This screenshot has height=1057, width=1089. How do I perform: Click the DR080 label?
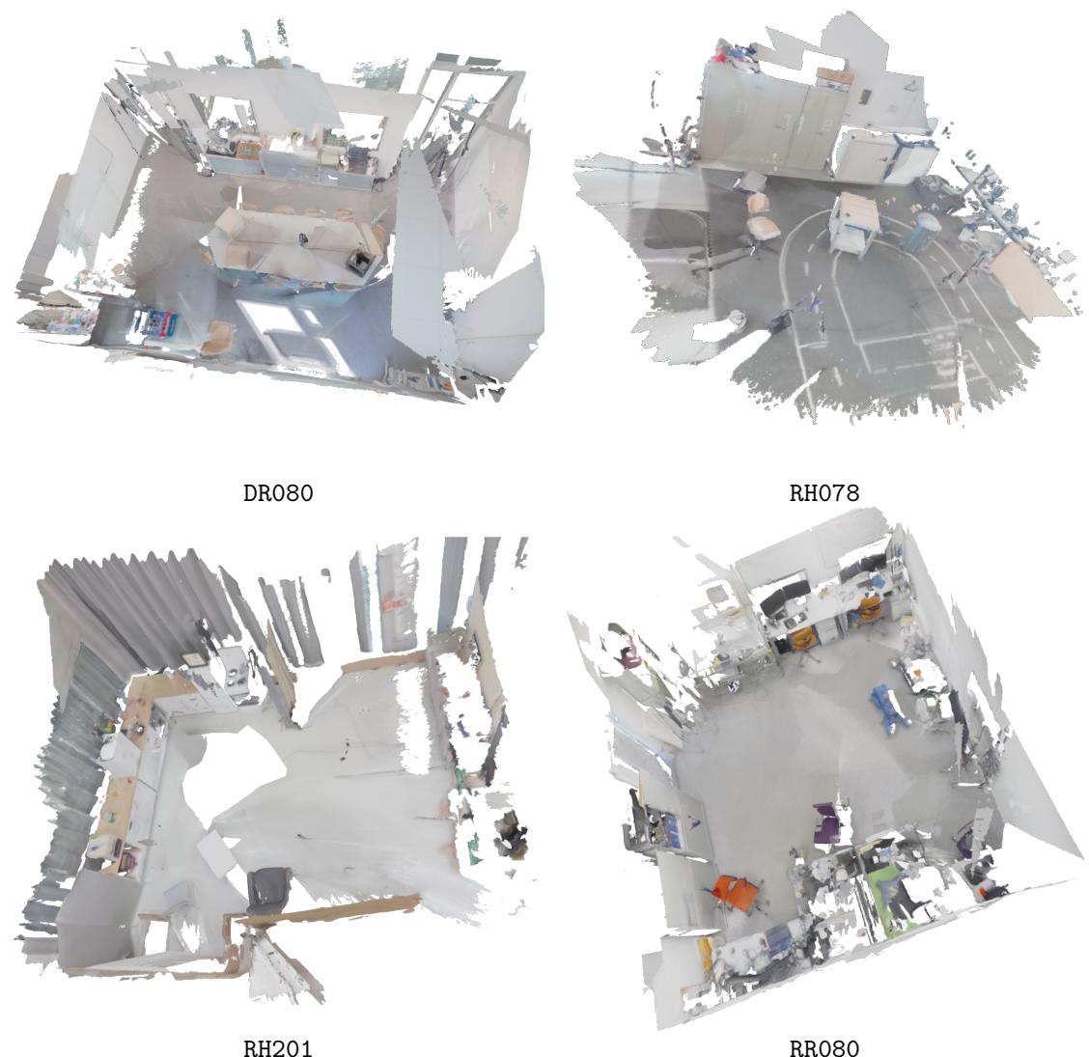pyautogui.click(x=278, y=494)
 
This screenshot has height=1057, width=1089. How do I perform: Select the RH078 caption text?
pyautogui.click(x=824, y=494)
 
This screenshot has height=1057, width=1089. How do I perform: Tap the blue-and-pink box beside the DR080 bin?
pyautogui.click(x=156, y=322)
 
